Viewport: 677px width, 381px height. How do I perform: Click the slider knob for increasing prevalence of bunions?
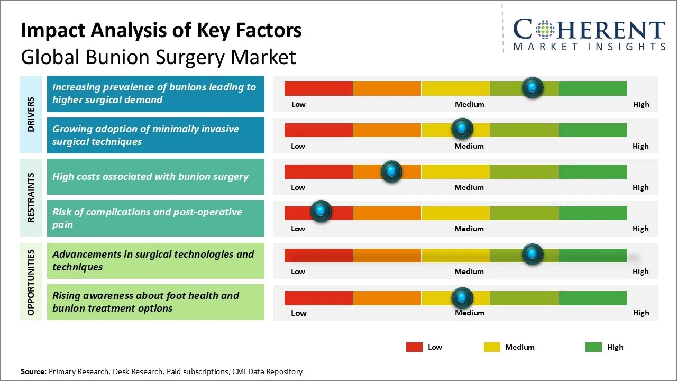pyautogui.click(x=532, y=88)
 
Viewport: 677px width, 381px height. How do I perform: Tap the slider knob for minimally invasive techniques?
pyautogui.click(x=462, y=129)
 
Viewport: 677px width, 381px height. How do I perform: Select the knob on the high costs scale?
pyautogui.click(x=391, y=171)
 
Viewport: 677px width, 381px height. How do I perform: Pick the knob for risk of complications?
pyautogui.click(x=321, y=212)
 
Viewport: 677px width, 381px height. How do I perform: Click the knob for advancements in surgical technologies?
pyautogui.click(x=532, y=255)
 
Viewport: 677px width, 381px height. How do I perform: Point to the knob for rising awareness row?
pyautogui.click(x=462, y=298)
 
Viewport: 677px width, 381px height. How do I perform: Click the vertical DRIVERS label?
pyautogui.click(x=31, y=114)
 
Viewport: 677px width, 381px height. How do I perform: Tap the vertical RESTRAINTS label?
pyautogui.click(x=31, y=197)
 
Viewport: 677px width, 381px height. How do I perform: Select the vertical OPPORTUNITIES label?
pyautogui.click(x=31, y=282)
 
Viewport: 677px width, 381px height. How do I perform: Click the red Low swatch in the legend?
pyautogui.click(x=414, y=347)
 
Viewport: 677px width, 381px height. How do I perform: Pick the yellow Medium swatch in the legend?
pyautogui.click(x=492, y=347)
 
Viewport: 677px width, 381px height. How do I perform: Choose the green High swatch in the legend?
pyautogui.click(x=593, y=347)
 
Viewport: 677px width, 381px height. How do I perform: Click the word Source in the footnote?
pyautogui.click(x=33, y=371)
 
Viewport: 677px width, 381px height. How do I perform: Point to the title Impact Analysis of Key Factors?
pyautogui.click(x=161, y=30)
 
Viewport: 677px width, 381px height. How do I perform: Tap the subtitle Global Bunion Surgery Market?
pyautogui.click(x=158, y=57)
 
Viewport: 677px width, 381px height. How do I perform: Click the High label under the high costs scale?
pyautogui.click(x=641, y=187)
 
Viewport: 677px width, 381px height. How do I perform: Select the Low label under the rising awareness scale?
pyautogui.click(x=299, y=313)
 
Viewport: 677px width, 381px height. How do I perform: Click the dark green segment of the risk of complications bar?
pyautogui.click(x=592, y=213)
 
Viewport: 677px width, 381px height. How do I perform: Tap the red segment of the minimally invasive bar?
pyautogui.click(x=318, y=130)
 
